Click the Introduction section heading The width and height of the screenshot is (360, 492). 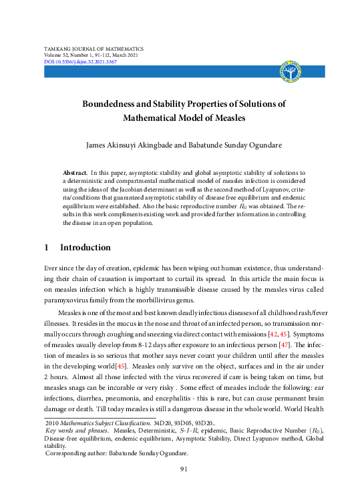[85, 248]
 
